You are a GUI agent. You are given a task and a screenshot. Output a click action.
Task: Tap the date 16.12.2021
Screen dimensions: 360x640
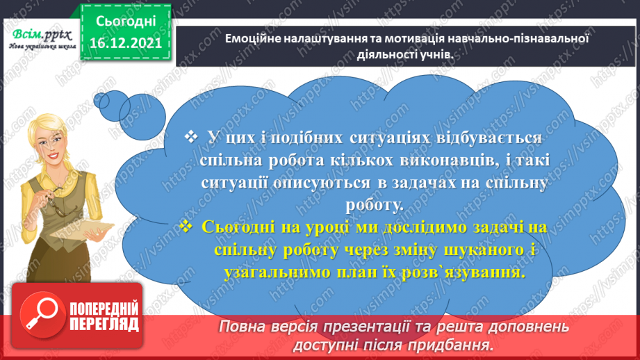point(126,44)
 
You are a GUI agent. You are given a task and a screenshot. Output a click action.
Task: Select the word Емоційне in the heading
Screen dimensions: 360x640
point(252,40)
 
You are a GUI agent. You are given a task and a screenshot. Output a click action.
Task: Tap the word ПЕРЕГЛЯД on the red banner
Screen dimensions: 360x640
point(104,324)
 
